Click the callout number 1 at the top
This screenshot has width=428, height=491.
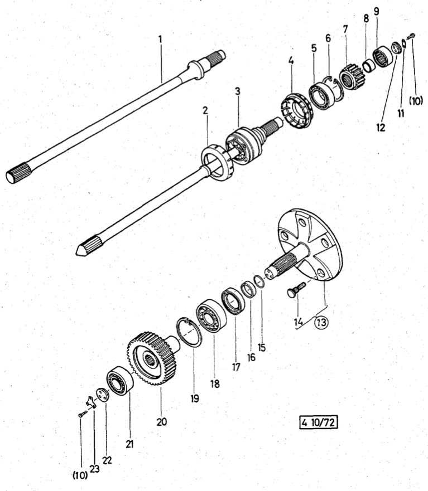(161, 40)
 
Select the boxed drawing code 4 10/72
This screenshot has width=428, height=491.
(318, 424)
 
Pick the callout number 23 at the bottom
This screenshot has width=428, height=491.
(95, 469)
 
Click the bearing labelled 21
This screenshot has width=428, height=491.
(119, 381)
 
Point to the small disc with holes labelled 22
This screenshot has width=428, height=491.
(102, 393)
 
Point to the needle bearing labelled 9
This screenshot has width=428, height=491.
(383, 55)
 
